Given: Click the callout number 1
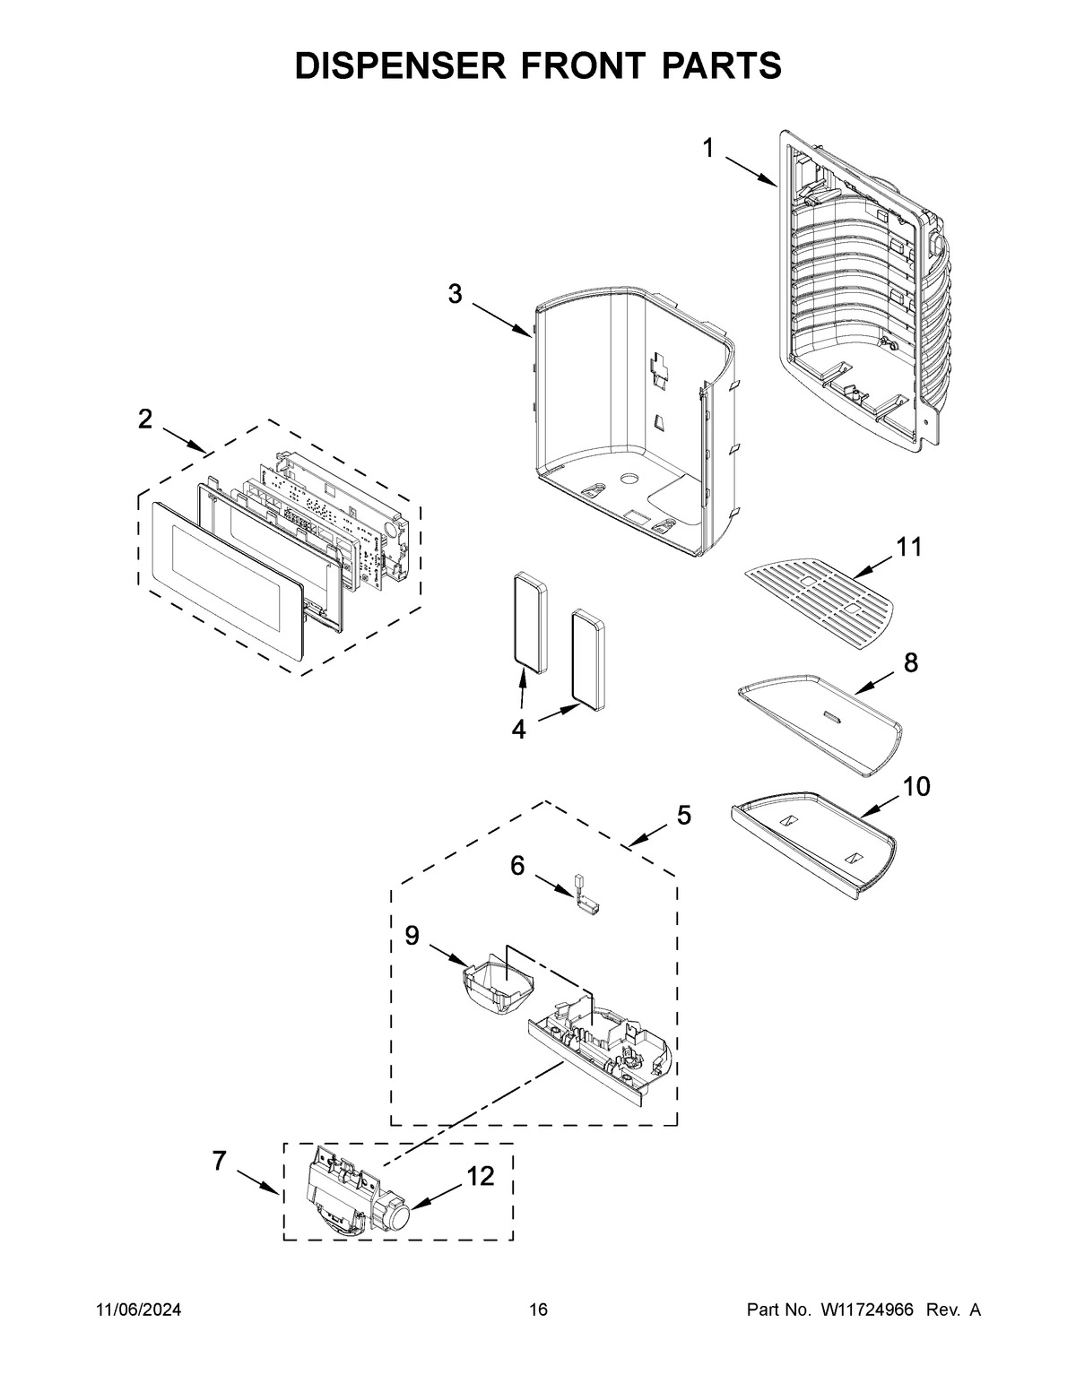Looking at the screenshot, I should click(x=707, y=149).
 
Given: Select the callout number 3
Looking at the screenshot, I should click(x=456, y=293).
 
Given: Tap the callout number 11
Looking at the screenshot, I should click(x=908, y=547).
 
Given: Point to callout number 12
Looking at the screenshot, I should click(x=481, y=1177).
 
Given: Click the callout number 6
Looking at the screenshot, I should click(x=517, y=865).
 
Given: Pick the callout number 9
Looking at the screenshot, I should click(x=412, y=935).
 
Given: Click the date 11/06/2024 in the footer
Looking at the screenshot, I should click(x=138, y=1310).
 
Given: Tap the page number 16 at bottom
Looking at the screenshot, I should click(x=537, y=1310).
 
